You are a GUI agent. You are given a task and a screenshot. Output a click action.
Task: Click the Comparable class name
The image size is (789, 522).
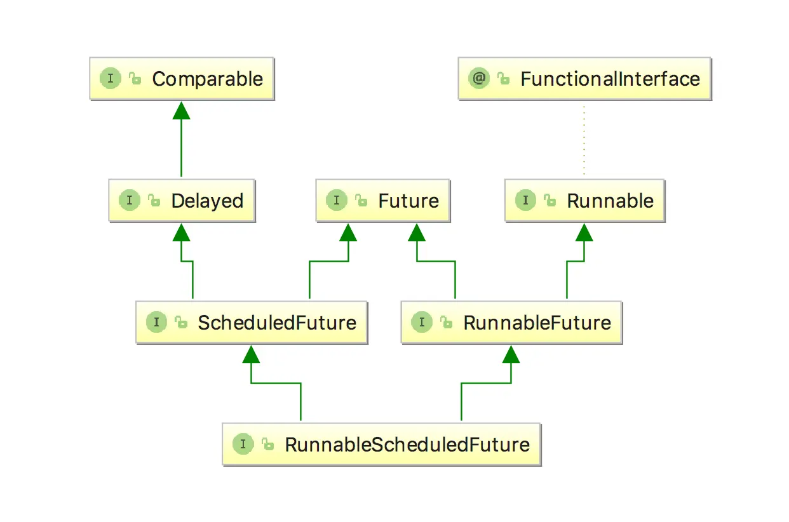pos(207,79)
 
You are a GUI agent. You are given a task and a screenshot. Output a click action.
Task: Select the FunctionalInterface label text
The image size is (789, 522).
pos(610,79)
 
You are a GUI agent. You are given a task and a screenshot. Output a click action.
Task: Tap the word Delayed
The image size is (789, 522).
pos(207,201)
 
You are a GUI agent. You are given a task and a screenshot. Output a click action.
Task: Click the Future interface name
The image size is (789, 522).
pos(408,201)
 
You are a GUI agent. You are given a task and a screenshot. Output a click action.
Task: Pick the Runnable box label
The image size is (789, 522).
pos(610,201)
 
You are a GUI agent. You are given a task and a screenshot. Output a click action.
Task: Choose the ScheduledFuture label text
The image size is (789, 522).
pos(277,323)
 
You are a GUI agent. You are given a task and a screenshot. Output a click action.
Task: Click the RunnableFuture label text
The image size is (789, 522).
pos(537,323)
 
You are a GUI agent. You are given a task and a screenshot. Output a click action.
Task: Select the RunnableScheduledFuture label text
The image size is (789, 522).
pos(407,445)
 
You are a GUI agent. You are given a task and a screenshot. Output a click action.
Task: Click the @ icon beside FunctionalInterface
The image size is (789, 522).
pos(478,79)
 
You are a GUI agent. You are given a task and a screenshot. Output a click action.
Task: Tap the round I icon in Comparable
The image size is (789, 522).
pos(111,79)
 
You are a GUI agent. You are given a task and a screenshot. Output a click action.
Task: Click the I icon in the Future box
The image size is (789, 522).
pos(337,201)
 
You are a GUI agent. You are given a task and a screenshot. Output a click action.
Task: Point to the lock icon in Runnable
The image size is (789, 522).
pos(550,201)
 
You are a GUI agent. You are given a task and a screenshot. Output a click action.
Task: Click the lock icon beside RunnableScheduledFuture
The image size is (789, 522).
pos(267,445)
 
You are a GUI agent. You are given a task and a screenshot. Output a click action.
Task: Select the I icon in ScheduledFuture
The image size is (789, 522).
pos(156,323)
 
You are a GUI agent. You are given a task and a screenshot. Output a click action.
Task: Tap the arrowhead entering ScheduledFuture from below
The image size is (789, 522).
pos(252,354)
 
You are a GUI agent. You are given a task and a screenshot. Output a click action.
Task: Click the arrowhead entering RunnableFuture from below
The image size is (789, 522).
pos(511,354)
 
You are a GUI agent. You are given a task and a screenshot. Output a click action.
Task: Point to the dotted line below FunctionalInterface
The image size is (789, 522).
pos(584,140)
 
